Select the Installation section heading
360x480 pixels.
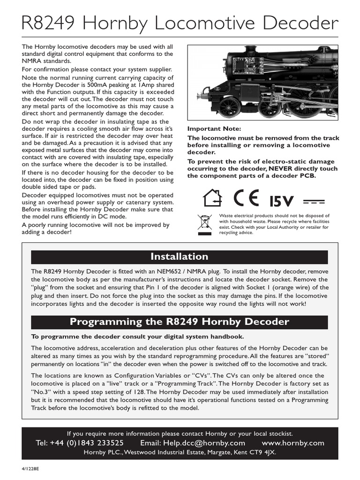point(179,256)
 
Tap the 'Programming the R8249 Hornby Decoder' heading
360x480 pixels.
point(179,322)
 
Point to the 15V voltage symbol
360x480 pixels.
point(281,201)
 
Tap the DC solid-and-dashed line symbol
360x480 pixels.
point(314,201)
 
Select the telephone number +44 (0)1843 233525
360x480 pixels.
point(80,443)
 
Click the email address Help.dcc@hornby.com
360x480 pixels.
point(193,443)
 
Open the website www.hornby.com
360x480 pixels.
point(293,443)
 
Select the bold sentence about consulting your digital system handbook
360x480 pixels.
point(137,337)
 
